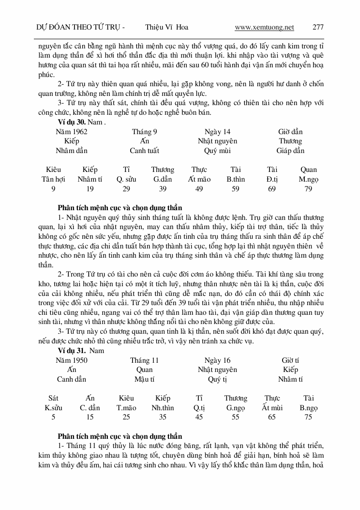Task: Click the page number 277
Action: click(x=318, y=27)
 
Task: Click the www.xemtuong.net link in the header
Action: click(x=264, y=27)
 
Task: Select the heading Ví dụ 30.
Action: click(x=72, y=122)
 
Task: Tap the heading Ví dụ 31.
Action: click(x=72, y=350)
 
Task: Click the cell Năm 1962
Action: click(x=72, y=132)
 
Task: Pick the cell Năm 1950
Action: click(x=72, y=360)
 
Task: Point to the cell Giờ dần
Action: click(x=290, y=132)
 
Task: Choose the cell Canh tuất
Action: click(x=144, y=151)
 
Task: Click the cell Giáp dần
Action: click(x=290, y=151)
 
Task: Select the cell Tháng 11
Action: click(x=144, y=360)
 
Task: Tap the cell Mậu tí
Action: click(x=144, y=379)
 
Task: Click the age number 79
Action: click(x=308, y=189)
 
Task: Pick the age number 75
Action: click(x=308, y=417)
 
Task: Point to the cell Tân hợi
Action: click(x=53, y=179)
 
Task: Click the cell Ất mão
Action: click(x=199, y=179)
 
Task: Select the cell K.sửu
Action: click(x=53, y=408)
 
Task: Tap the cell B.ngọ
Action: click(x=308, y=408)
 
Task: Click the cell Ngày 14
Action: click(x=217, y=132)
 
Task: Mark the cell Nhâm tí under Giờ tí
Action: click(x=290, y=379)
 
